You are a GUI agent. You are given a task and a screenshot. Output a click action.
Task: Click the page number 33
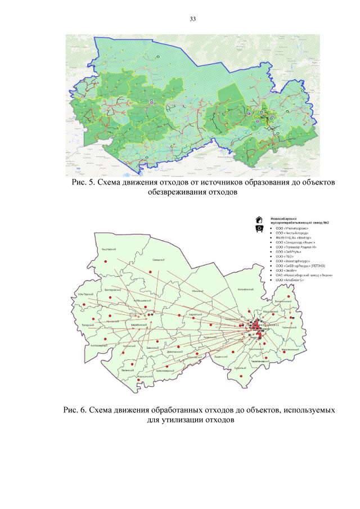192,19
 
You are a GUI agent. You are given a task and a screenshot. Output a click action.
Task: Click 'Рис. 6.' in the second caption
75,410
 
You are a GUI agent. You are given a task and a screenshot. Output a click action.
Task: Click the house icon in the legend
259,219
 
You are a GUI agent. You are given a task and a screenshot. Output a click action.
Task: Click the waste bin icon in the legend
259,229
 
